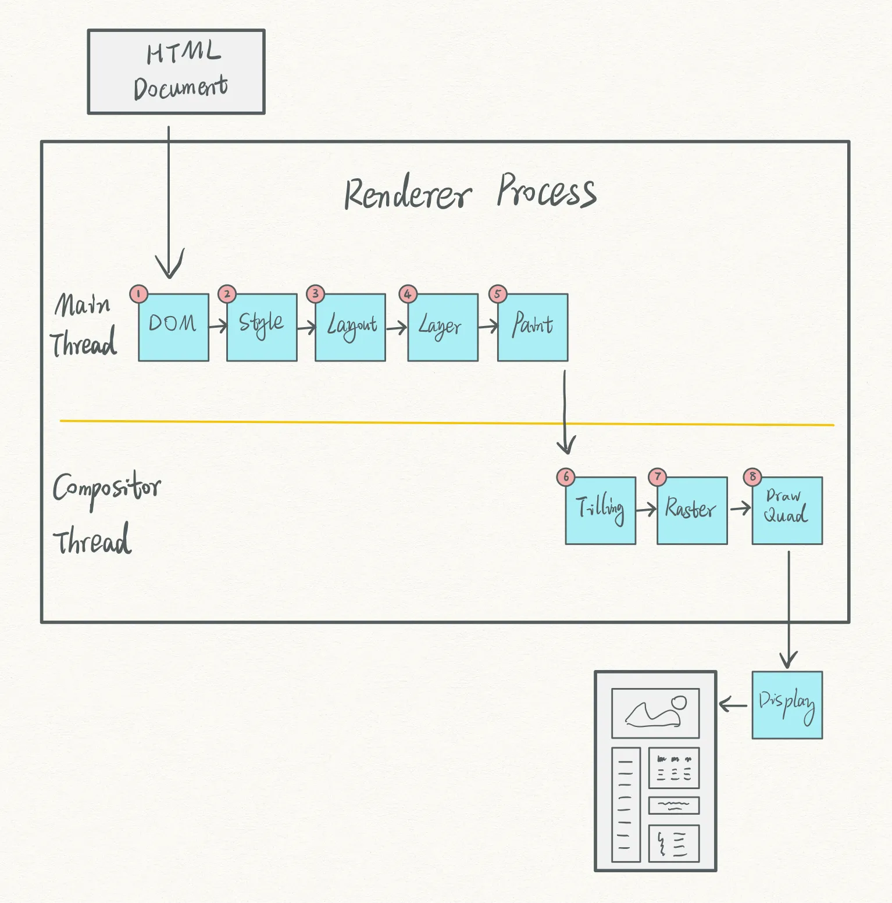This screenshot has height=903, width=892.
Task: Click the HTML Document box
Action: (x=176, y=71)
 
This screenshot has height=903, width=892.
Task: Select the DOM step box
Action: (x=173, y=327)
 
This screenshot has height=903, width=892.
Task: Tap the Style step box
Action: (x=262, y=327)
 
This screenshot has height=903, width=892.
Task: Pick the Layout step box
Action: (x=350, y=327)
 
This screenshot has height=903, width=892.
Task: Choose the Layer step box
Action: (x=443, y=327)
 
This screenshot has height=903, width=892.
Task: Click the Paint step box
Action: (x=533, y=327)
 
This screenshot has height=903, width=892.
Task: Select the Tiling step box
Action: (x=600, y=510)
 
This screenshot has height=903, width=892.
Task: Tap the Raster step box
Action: (x=692, y=510)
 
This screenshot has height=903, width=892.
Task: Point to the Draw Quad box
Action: (x=787, y=510)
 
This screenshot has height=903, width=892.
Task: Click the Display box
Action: (x=787, y=705)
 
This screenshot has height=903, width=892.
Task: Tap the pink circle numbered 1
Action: (x=138, y=294)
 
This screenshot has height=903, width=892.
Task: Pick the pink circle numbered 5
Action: (x=498, y=294)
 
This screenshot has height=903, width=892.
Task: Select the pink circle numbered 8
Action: (x=752, y=477)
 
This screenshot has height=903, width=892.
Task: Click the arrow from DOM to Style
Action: (x=218, y=327)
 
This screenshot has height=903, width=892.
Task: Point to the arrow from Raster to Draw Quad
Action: (x=740, y=509)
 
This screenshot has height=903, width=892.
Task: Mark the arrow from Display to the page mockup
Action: (x=733, y=705)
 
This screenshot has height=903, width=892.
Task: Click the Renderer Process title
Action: (x=470, y=192)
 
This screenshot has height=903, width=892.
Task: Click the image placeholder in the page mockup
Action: (x=655, y=713)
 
